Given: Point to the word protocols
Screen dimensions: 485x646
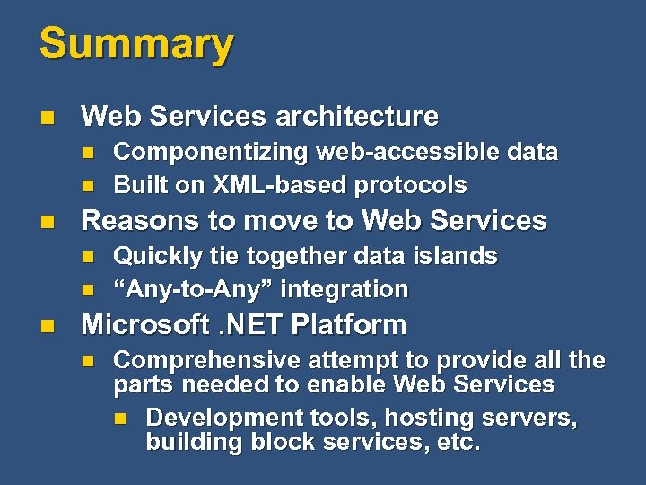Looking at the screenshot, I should (411, 185).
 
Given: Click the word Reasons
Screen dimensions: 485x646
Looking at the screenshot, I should (134, 220).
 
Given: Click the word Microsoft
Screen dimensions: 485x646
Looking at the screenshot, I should (141, 324).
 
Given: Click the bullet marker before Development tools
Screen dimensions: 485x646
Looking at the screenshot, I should (120, 419).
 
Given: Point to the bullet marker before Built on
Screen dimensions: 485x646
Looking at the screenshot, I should (87, 186).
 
